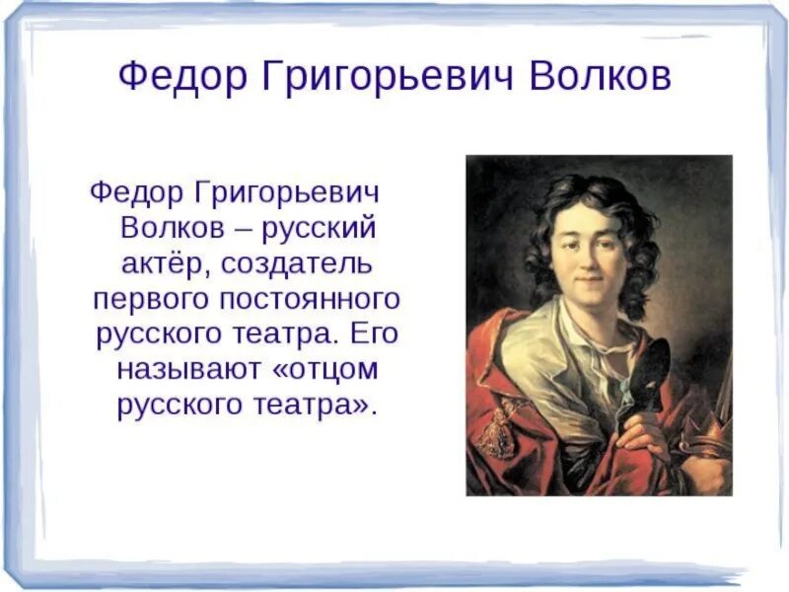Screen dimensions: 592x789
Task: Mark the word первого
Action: coord(147,299)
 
